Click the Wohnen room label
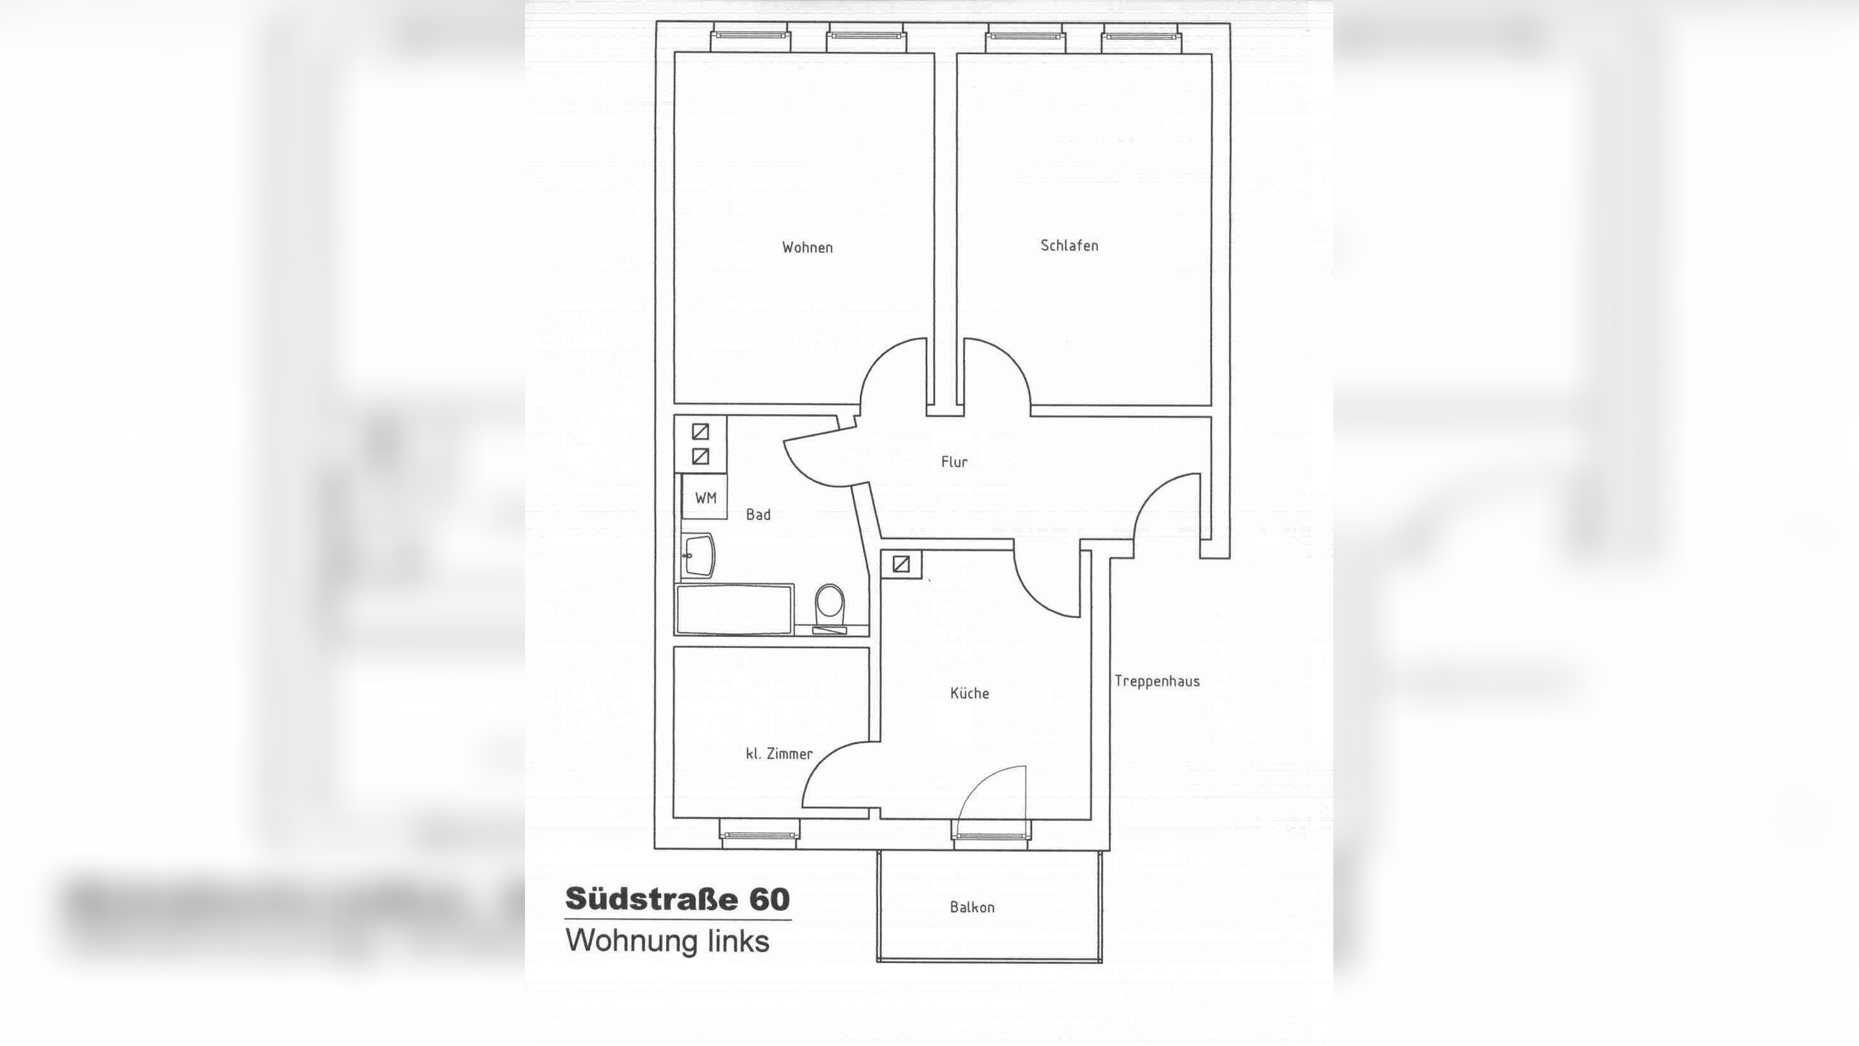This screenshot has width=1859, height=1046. click(x=807, y=248)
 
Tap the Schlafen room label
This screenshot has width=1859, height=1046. click(x=1069, y=246)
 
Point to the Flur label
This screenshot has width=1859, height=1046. click(x=954, y=462)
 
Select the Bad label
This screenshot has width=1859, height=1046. click(x=758, y=515)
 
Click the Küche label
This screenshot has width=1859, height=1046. click(x=969, y=693)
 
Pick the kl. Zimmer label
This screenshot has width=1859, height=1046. click(x=779, y=754)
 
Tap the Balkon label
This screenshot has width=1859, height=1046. click(x=972, y=907)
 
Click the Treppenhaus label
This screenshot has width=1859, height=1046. click(x=1157, y=681)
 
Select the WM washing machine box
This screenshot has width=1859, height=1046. click(x=704, y=497)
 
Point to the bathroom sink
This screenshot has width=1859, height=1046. click(x=699, y=556)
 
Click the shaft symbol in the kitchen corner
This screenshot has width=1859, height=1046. click(x=901, y=564)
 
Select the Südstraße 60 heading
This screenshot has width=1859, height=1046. click(x=678, y=899)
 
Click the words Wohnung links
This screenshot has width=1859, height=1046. click(x=667, y=941)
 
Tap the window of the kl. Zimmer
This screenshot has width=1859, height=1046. click(x=760, y=834)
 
